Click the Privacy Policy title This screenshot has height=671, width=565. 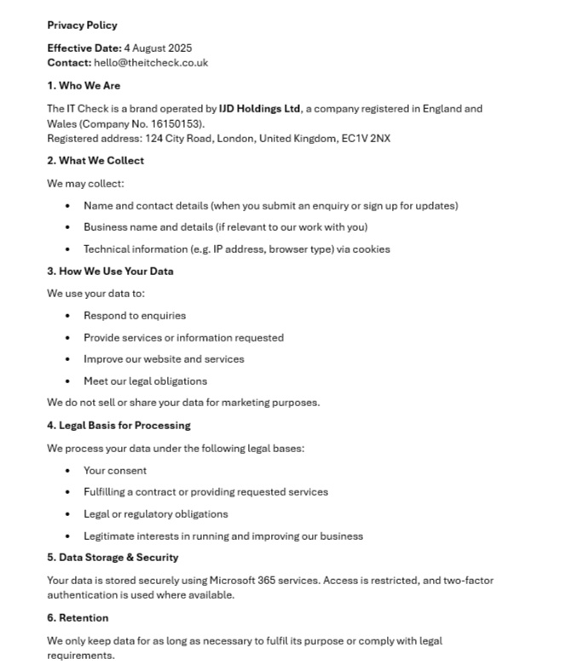click(x=82, y=26)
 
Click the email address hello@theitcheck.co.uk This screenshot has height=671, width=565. click(x=151, y=63)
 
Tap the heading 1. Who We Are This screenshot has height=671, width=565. click(x=84, y=86)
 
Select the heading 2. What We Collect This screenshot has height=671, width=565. click(x=95, y=161)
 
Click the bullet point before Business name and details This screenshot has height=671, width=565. click(x=68, y=228)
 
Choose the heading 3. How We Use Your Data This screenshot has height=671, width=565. click(x=110, y=272)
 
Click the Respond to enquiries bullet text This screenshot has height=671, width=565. click(x=135, y=316)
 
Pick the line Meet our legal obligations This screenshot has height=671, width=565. click(x=145, y=381)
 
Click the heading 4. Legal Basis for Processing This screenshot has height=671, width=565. click(x=118, y=426)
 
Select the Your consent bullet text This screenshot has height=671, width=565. click(x=115, y=471)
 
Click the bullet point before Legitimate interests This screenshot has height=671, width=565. click(x=68, y=536)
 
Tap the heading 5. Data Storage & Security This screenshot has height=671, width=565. click(x=112, y=558)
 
